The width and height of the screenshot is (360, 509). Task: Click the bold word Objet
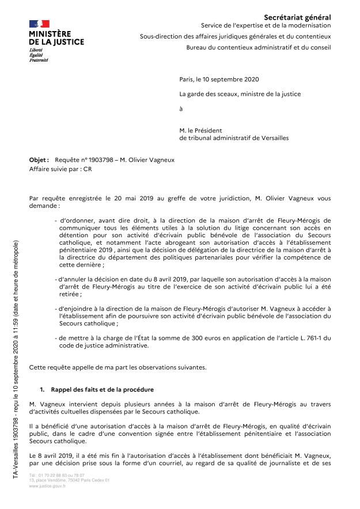(39, 159)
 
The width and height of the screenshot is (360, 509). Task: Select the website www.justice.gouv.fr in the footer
(48, 486)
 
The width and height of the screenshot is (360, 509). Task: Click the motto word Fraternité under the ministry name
(39, 60)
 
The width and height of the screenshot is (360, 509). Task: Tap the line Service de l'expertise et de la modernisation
(266, 26)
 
